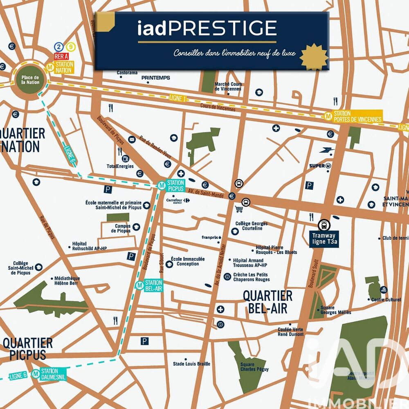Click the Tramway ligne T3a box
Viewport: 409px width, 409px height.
(x=324, y=238)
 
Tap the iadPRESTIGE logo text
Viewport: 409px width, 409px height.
(x=207, y=28)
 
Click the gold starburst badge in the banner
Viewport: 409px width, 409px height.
(x=314, y=57)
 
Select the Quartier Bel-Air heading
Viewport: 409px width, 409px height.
(x=267, y=302)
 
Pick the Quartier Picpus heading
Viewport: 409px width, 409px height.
(x=28, y=348)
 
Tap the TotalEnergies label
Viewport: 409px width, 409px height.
(x=120, y=166)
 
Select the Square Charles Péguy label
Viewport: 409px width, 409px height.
(x=253, y=367)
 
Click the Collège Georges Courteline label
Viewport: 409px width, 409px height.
(x=251, y=226)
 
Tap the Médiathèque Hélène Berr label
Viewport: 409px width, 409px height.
(x=67, y=281)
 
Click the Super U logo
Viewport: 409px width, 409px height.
(x=319, y=165)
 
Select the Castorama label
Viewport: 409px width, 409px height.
(x=127, y=73)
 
